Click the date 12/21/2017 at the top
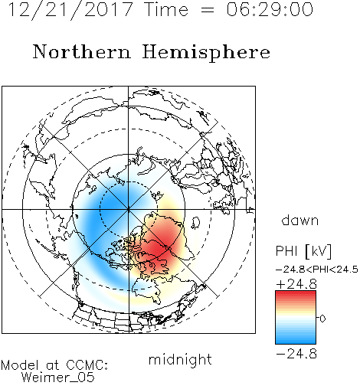click(70, 10)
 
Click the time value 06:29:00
click(270, 9)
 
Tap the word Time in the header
click(166, 9)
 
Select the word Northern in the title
click(82, 51)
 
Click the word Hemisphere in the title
click(206, 53)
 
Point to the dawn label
click(299, 220)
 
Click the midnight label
click(180, 360)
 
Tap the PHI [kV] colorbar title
click(303, 251)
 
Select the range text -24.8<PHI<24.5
click(317, 270)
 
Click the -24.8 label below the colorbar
click(296, 354)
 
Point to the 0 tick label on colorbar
click(322, 319)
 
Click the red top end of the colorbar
click(296, 293)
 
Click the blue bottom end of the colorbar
click(296, 342)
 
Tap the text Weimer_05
click(58, 378)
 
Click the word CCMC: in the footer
click(87, 365)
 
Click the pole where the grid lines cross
click(129, 209)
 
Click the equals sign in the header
click(208, 10)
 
